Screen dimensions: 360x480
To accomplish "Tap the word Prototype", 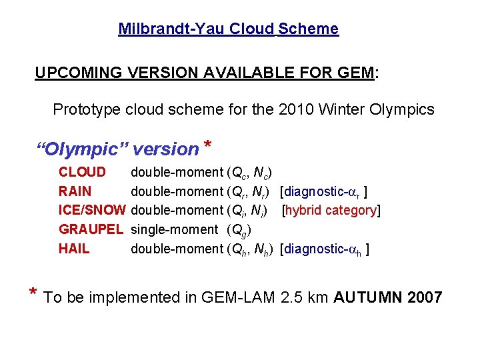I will coord(87,109).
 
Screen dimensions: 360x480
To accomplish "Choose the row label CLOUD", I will coord(82,173).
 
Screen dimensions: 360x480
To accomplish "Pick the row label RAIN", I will coord(75,192).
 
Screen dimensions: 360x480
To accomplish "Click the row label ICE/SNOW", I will coord(92,211).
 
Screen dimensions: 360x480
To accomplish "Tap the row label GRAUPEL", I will coord(91,230).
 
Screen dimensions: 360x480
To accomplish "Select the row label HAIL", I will coord(74,249).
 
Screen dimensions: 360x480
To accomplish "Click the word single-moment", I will coord(174,230).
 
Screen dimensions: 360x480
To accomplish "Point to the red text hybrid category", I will coord(331,211).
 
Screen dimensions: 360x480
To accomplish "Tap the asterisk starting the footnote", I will coord(33,293).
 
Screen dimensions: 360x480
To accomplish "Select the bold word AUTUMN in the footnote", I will coord(363,297).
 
